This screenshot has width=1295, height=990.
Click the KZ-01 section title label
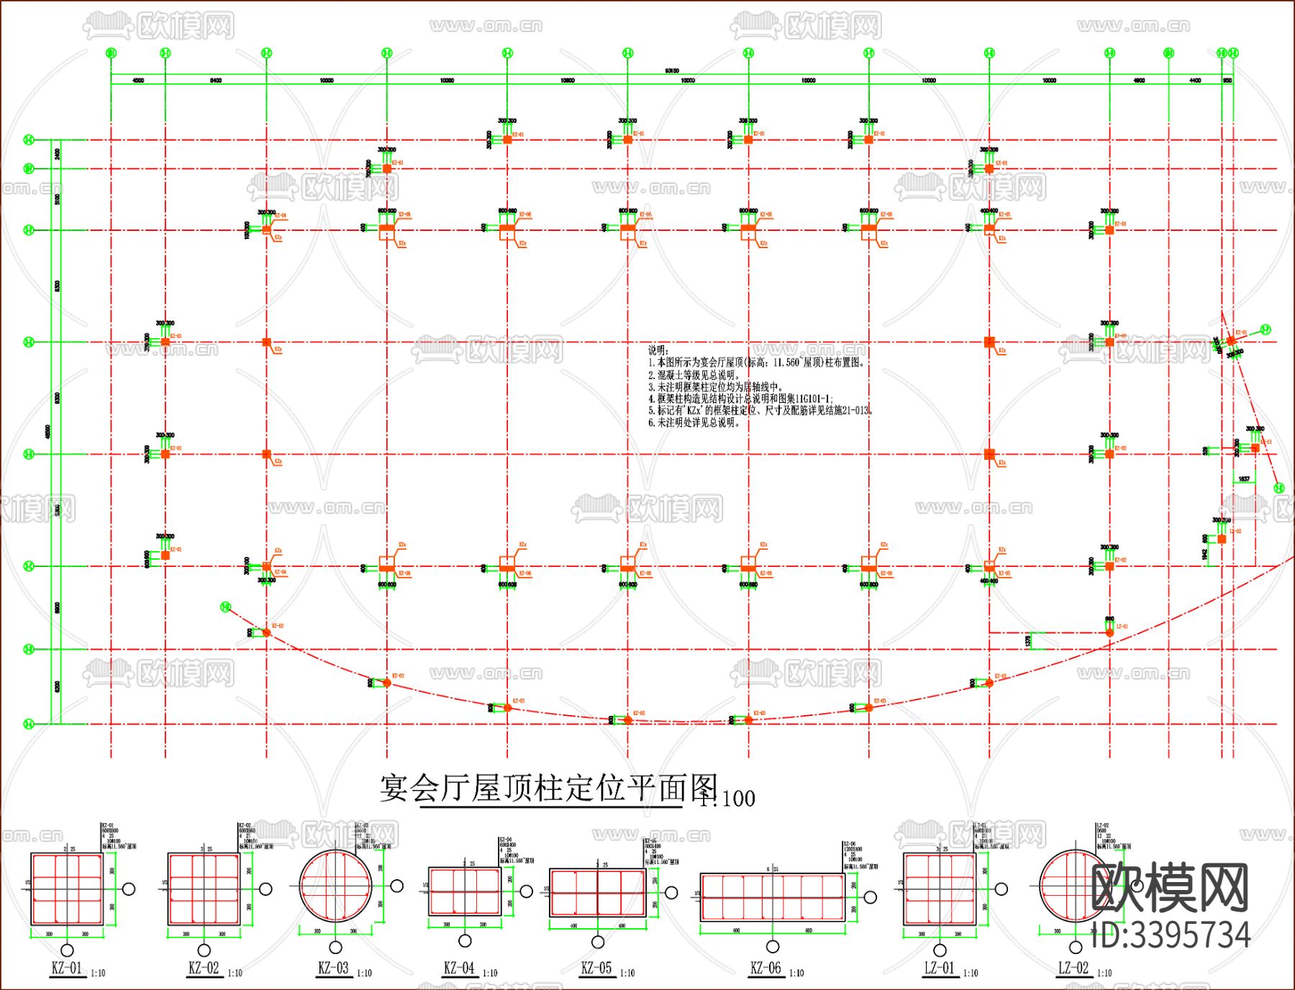[x=66, y=968]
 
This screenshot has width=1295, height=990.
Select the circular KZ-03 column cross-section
[x=336, y=885]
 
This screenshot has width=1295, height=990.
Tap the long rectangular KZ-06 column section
[x=772, y=896]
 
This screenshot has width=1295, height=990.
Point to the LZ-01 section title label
[x=939, y=968]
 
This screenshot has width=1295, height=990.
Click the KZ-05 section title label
[x=596, y=968]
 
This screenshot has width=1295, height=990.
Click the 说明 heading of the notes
[x=658, y=350]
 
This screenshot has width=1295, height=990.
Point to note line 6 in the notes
[x=694, y=422]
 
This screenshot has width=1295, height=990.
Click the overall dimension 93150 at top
[x=672, y=71]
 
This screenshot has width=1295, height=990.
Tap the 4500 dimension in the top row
[x=138, y=81]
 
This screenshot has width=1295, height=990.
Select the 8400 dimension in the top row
[x=216, y=81]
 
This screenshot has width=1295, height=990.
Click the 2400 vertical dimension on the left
[x=58, y=154]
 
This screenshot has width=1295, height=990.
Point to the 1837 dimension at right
[x=1244, y=479]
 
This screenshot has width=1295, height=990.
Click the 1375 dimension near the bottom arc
[x=1029, y=640]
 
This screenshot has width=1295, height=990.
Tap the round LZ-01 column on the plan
[x=1109, y=632]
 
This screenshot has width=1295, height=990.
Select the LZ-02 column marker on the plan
[x=1222, y=539]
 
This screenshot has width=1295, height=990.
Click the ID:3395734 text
[x=1171, y=935]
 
